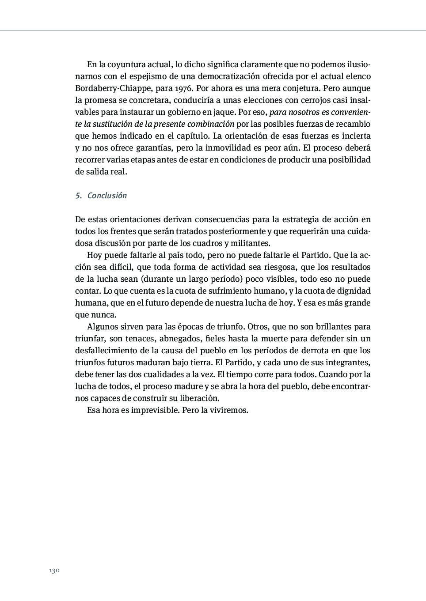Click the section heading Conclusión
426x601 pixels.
click(x=107, y=196)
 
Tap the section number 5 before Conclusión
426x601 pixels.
click(x=78, y=196)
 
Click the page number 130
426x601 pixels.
click(x=54, y=571)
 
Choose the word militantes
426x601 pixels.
click(x=250, y=243)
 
